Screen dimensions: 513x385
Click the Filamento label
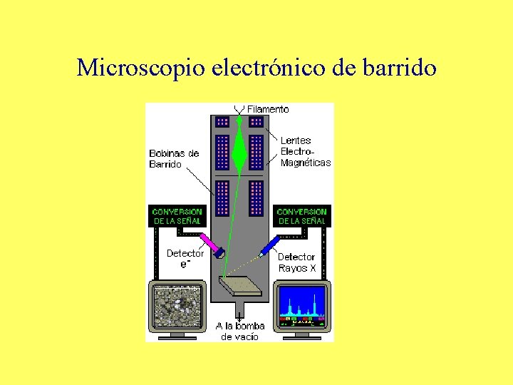click(x=268, y=109)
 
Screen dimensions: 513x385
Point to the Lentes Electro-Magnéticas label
click(x=305, y=152)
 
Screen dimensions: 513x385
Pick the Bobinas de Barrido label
click(x=174, y=158)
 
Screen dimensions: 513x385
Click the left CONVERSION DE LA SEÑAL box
click(x=177, y=216)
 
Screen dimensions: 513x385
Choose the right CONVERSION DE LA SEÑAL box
click(x=301, y=216)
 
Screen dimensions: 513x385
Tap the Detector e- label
click(x=185, y=258)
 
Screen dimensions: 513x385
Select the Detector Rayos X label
click(x=296, y=262)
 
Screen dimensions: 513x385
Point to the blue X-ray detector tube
click(x=269, y=246)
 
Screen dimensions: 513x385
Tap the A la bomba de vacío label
click(x=240, y=331)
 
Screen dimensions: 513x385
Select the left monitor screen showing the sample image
click(x=177, y=305)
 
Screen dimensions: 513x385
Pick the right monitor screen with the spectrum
click(x=302, y=305)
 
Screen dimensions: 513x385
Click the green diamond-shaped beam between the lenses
click(x=239, y=151)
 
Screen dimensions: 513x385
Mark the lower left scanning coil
click(x=222, y=197)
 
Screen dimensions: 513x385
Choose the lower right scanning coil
click(x=256, y=197)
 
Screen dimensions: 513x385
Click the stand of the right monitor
click(x=302, y=334)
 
